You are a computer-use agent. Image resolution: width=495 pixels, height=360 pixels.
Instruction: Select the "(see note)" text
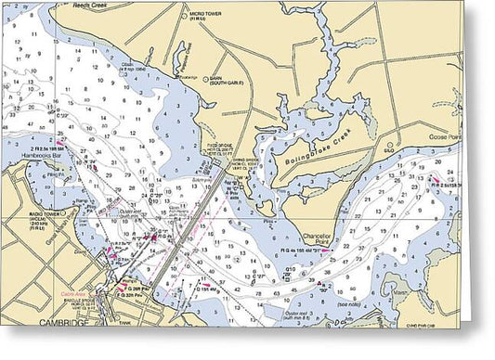point(348,305)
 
